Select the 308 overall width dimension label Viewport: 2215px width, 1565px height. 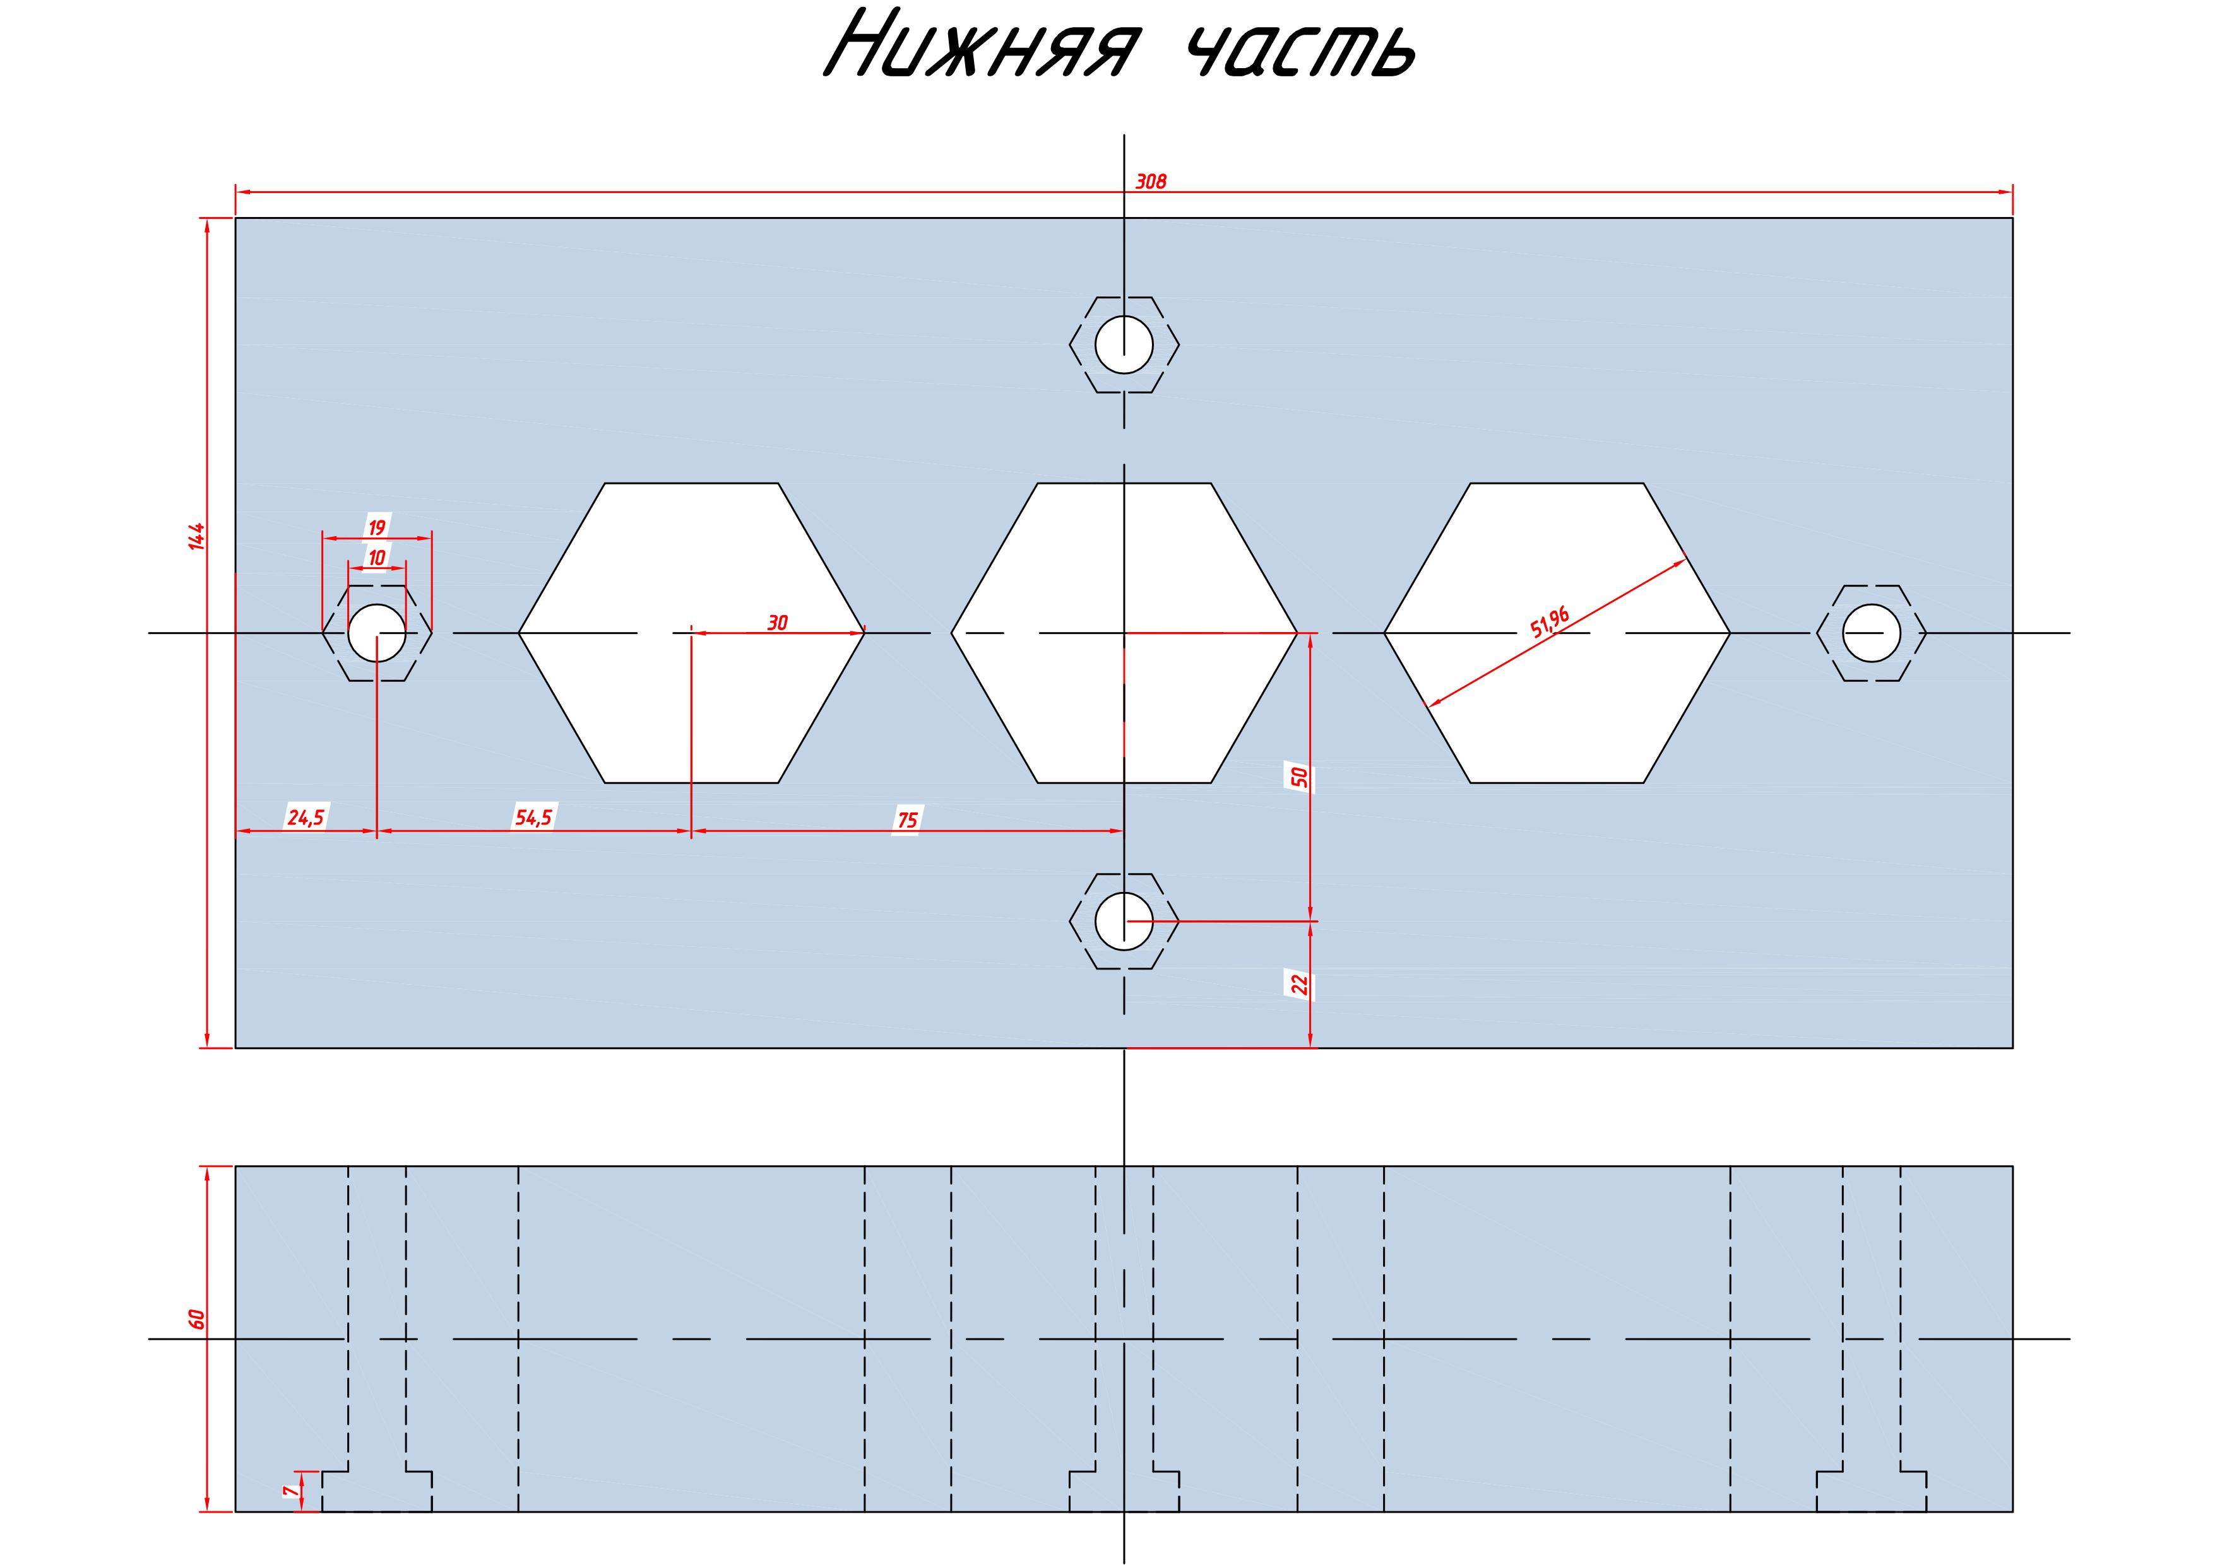(1151, 181)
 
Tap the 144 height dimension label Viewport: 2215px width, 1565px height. (197, 536)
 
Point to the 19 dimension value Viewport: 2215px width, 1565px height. (376, 527)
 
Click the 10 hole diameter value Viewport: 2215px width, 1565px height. (376, 558)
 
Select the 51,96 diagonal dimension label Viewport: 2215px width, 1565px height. (1550, 622)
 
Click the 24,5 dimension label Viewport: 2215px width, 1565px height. (306, 818)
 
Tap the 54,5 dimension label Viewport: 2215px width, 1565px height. (533, 818)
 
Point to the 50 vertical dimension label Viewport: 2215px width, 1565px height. (1300, 777)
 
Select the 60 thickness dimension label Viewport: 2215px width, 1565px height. (197, 1319)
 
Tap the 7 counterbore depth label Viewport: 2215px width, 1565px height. (287, 1491)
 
